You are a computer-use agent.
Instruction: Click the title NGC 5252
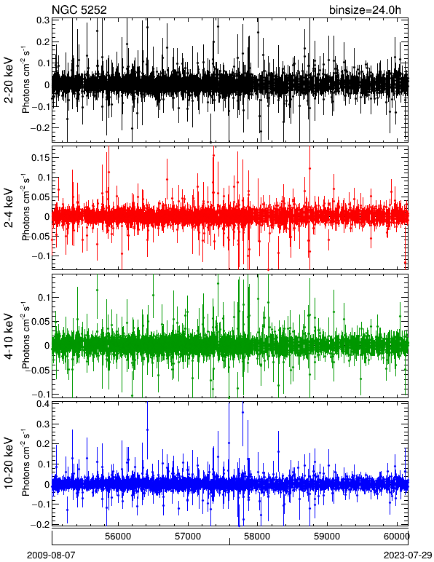79,10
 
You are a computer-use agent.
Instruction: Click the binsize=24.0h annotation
366,10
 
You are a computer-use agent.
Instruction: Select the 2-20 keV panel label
9,81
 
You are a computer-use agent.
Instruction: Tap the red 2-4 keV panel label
9,208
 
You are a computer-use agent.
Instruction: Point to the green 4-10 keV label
9,336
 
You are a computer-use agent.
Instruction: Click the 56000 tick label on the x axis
118,537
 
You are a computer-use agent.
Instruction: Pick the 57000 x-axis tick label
188,537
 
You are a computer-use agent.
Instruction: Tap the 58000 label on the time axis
258,537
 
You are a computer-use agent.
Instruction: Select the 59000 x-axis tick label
328,537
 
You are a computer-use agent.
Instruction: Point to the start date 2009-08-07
51,555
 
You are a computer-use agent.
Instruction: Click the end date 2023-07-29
409,555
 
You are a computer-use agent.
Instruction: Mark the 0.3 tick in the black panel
43,20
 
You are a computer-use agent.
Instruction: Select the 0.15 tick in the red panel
40,158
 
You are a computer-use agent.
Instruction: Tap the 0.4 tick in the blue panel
43,404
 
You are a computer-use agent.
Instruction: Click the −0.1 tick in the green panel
41,394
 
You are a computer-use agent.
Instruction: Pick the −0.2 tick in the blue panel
41,523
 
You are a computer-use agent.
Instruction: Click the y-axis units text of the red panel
25,208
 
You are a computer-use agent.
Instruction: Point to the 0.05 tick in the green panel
40,322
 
